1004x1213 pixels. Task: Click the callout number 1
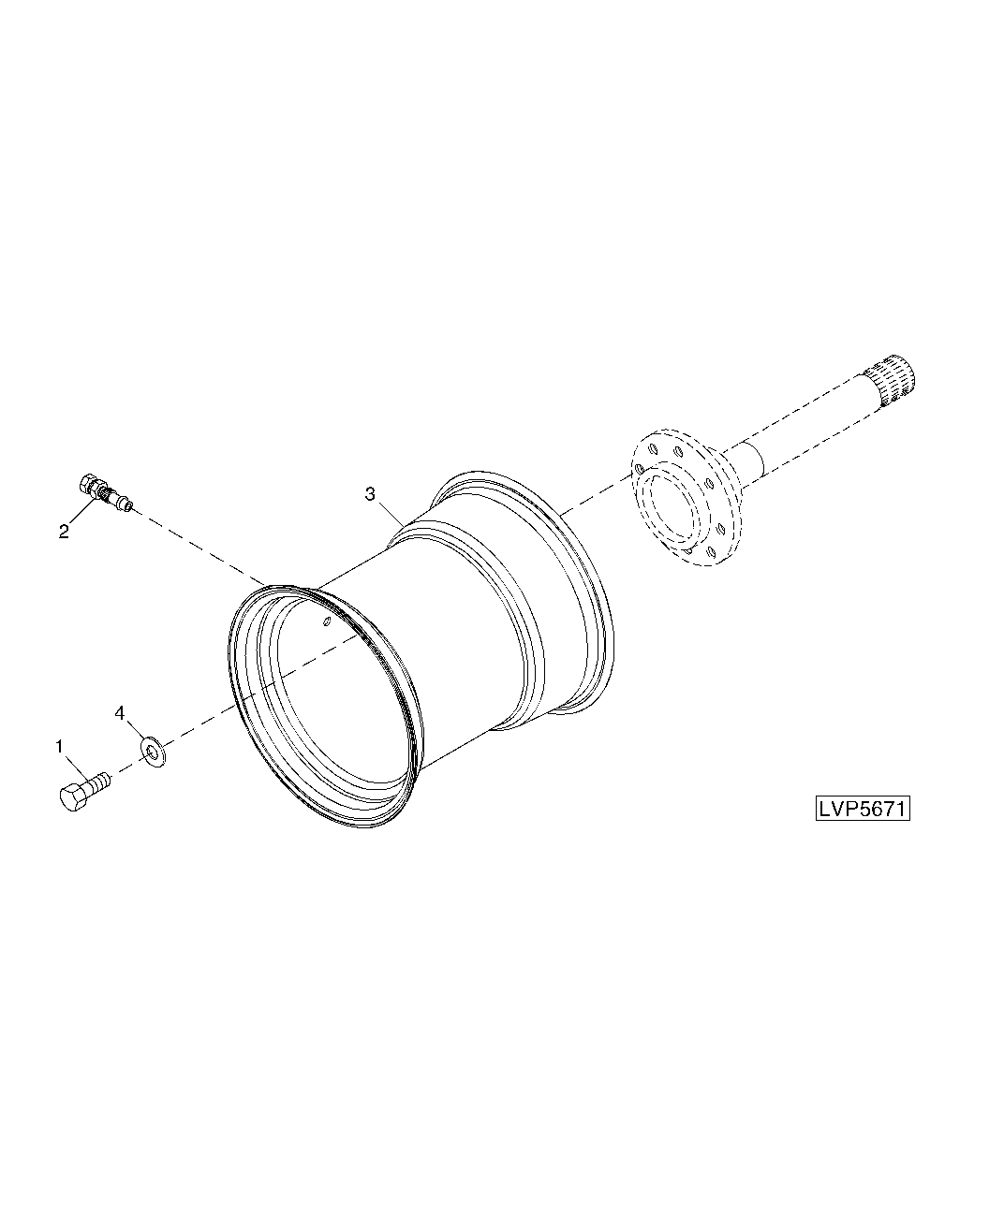coord(59,747)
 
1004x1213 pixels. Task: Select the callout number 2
coord(64,531)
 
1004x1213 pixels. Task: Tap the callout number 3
coord(370,494)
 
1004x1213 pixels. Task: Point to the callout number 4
coord(120,713)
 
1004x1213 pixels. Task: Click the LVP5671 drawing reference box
coord(863,809)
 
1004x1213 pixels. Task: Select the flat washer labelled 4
coord(154,753)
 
